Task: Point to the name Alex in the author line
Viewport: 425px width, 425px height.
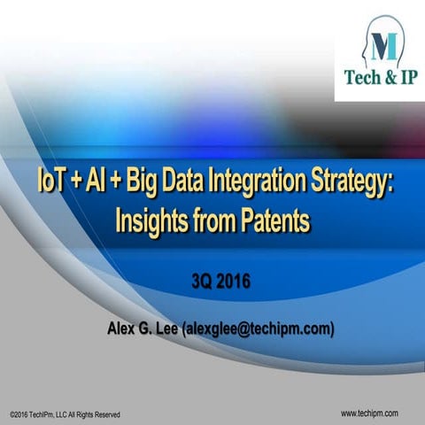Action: pos(124,330)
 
